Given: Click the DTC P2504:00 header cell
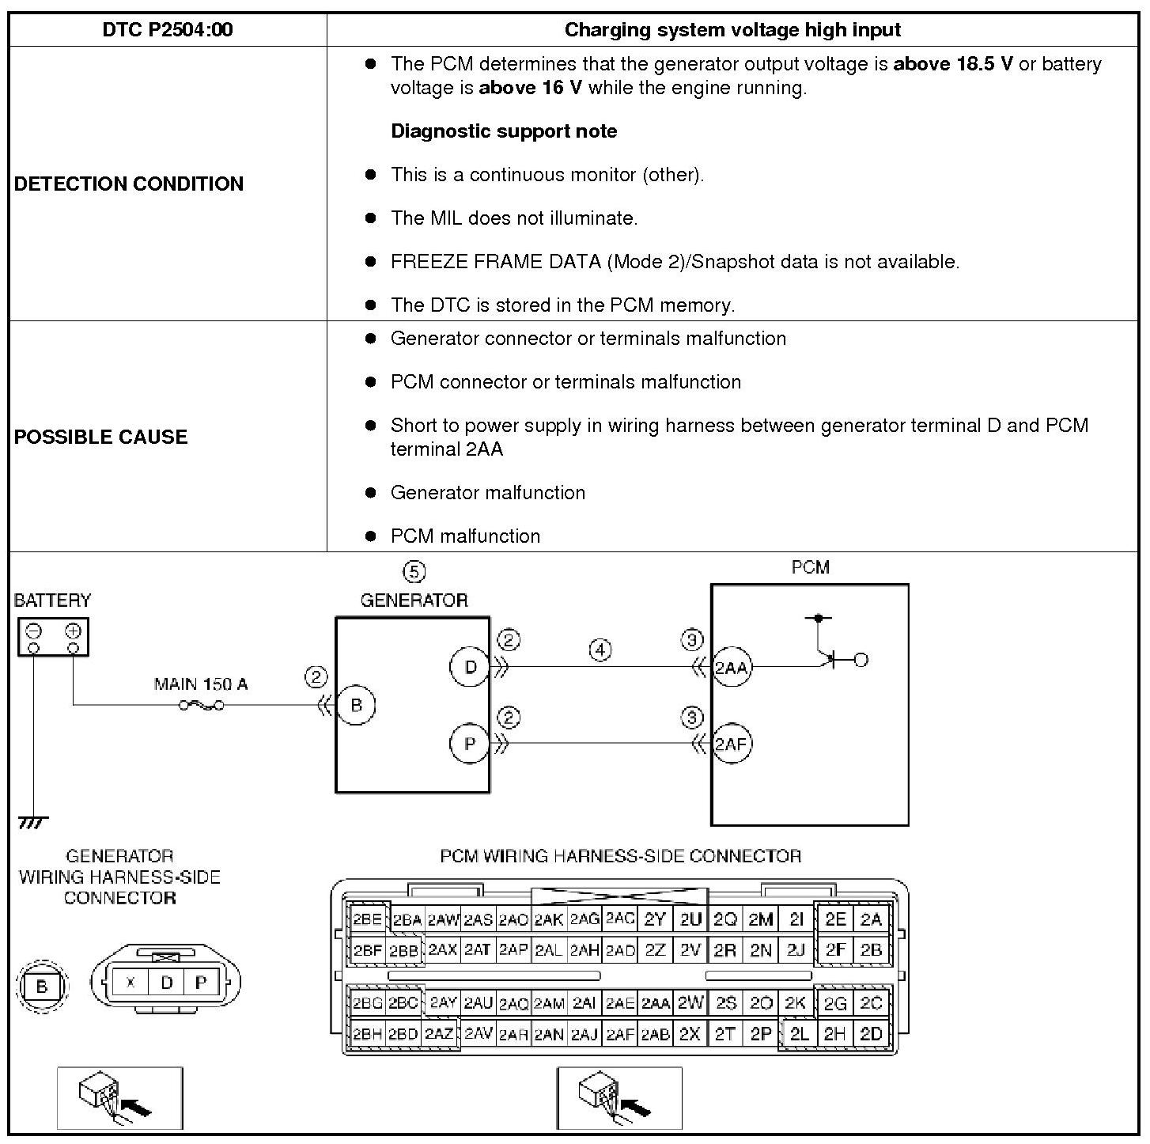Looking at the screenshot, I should tap(168, 30).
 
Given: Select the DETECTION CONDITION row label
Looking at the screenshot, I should tap(129, 184).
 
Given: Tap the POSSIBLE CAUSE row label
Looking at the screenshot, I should tap(101, 437).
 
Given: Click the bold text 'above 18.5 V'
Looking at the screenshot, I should tap(952, 64).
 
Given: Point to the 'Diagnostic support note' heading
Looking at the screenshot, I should tap(504, 131).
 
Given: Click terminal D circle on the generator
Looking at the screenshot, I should tap(470, 667).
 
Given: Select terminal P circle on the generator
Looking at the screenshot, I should tap(470, 744).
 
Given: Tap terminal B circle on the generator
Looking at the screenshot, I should tap(356, 705).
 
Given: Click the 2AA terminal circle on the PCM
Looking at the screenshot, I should tap(732, 668).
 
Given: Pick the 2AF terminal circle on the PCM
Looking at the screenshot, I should tap(732, 744).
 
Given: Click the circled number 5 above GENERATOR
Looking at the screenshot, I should tap(414, 571).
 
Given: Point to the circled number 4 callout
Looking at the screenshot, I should tap(600, 650).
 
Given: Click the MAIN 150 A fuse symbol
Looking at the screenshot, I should tap(201, 705).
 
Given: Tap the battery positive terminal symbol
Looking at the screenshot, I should tap(73, 631).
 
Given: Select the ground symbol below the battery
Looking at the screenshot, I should tap(32, 823).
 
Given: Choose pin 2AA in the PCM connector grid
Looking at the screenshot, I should tap(656, 1003).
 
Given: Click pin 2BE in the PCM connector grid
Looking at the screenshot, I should tap(368, 919).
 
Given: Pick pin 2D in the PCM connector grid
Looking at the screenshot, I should tap(871, 1034).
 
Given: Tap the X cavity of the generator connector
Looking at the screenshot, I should tap(131, 983).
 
